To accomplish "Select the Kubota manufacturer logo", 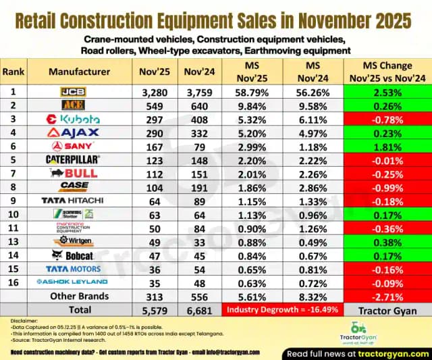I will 74,119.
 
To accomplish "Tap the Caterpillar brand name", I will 74,159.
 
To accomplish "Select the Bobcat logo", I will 74,254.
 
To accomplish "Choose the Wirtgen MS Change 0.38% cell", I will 387,240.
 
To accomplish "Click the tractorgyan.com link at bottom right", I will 394,353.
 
